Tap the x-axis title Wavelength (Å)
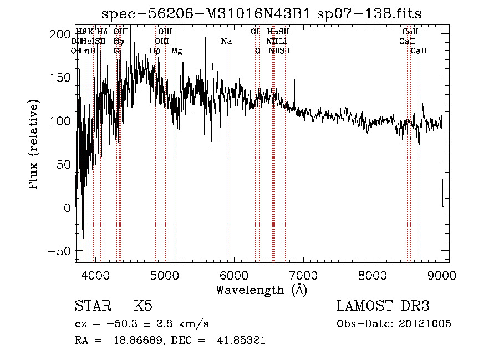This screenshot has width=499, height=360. coord(261,290)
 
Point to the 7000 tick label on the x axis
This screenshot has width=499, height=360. coord(303,274)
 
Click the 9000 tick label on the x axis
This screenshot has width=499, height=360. coord(441,274)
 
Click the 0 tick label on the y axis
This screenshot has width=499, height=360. coord(66,207)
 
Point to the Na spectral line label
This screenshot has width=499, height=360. coord(226,42)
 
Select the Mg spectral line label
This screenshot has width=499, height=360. coord(176,51)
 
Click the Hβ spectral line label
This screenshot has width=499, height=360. coord(155,51)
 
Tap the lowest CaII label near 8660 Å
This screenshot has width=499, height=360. coord(419,51)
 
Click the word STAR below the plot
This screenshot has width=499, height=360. coord(93,306)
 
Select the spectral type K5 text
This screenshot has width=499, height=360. coord(143,306)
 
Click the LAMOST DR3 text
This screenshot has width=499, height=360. coord(383,306)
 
